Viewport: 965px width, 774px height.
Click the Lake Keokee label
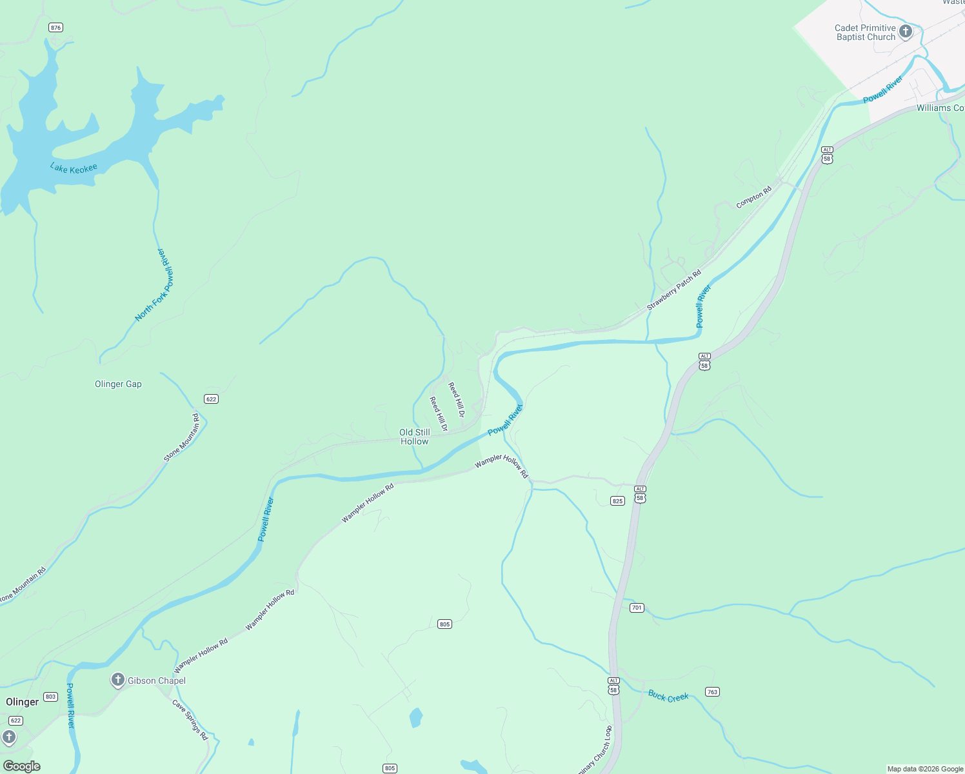coord(74,168)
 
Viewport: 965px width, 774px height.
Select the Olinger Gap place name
coord(118,384)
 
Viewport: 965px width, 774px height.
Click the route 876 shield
coord(55,28)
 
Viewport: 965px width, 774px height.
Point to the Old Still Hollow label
coord(414,437)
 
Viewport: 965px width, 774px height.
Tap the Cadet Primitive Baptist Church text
coord(865,33)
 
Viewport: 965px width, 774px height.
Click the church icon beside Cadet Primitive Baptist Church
coord(906,32)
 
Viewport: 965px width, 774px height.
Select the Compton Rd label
coord(753,198)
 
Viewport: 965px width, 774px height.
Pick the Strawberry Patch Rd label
coord(673,290)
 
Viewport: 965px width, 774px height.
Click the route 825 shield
coord(617,501)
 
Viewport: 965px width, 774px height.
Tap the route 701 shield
coord(637,608)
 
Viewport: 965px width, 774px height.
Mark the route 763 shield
coord(712,692)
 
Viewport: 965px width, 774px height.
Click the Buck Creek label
coord(668,697)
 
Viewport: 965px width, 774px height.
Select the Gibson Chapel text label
coord(157,681)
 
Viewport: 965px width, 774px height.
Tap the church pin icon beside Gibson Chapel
coord(117,680)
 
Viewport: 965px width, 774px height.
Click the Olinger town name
coord(23,702)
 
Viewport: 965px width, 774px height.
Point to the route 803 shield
coord(51,697)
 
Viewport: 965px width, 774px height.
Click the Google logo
coord(22,766)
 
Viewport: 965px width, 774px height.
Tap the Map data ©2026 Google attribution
coord(925,769)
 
